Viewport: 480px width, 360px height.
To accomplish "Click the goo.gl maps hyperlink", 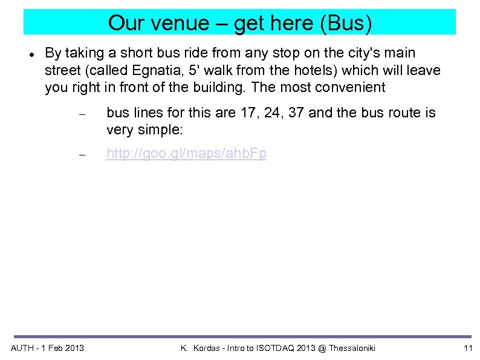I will (186, 154).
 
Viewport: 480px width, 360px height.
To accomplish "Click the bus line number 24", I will (270, 113).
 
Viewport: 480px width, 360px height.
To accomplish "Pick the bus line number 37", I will (295, 113).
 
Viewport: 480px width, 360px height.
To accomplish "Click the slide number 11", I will (467, 348).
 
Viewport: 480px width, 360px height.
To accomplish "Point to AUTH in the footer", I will (23, 348).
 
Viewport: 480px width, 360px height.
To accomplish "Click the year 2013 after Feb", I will (74, 348).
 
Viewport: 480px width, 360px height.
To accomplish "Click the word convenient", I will (351, 87).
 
